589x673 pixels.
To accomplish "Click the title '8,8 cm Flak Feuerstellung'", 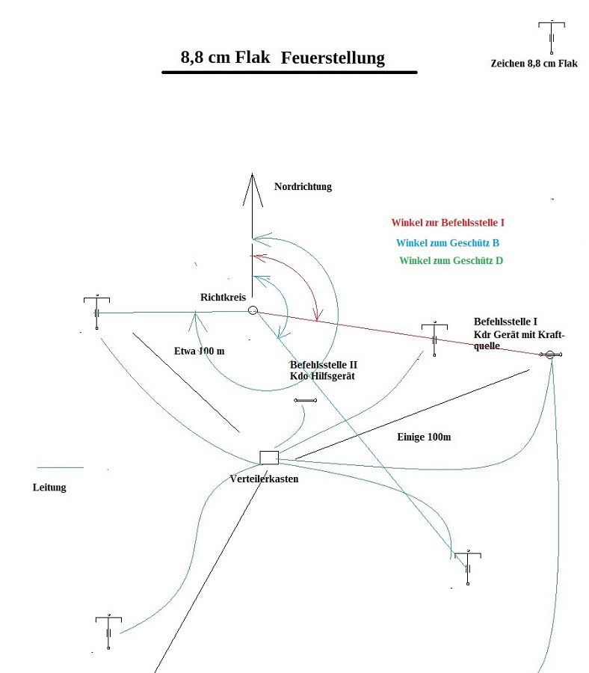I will tap(283, 58).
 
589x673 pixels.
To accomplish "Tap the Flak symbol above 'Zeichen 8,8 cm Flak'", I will tap(551, 37).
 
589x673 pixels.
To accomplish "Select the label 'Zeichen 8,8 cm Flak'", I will tap(534, 64).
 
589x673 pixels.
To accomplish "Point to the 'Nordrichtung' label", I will tap(303, 186).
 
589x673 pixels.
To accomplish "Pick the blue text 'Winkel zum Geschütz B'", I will tap(448, 242).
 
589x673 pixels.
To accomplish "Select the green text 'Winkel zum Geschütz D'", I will tap(451, 260).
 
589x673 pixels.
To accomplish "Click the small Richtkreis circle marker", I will tap(253, 310).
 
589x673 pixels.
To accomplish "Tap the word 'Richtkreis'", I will tap(223, 297).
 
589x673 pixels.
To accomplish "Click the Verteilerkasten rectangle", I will tap(268, 458).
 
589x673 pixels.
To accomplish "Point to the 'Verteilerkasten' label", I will tap(265, 479).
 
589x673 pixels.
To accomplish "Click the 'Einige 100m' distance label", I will tap(424, 436).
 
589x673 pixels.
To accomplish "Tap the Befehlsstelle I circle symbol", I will tap(549, 354).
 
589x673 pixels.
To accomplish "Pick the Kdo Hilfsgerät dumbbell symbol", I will tap(306, 401).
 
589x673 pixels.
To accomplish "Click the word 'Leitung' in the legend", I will tap(49, 488).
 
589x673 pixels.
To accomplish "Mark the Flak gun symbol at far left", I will tap(97, 312).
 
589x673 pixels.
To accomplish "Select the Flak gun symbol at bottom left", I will tap(109, 631).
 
